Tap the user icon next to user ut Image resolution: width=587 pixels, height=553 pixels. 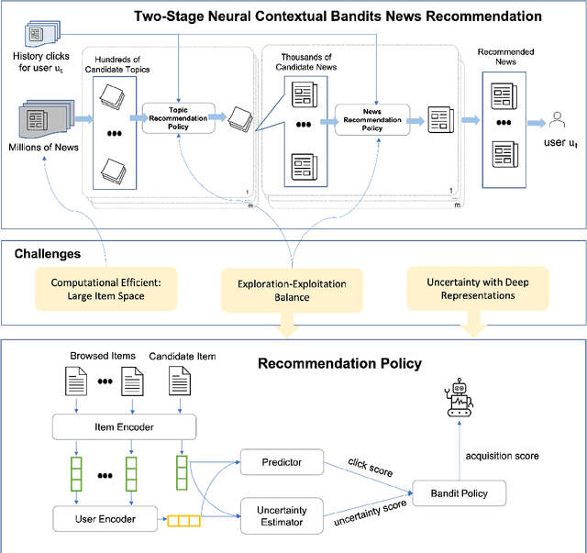[555, 118]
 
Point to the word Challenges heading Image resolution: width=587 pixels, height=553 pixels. [47, 253]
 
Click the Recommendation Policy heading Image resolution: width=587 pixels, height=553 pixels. [339, 363]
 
